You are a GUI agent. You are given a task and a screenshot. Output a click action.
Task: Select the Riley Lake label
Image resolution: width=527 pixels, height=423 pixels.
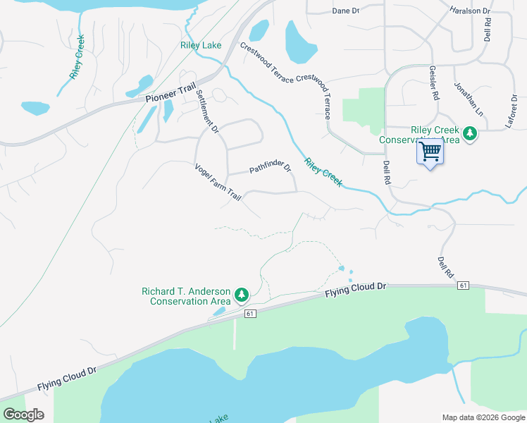(x=201, y=46)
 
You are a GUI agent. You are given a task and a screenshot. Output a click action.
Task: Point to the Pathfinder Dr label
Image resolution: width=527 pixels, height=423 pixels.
(x=270, y=168)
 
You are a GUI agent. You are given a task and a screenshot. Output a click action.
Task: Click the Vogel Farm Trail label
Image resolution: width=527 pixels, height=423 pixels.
(x=218, y=182)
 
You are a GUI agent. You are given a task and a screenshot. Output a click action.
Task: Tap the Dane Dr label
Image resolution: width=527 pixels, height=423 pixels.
(x=345, y=11)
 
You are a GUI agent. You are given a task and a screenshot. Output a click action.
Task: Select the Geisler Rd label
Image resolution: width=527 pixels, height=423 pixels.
(x=433, y=83)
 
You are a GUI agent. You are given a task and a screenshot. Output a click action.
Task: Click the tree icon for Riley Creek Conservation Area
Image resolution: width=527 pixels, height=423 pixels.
(x=470, y=133)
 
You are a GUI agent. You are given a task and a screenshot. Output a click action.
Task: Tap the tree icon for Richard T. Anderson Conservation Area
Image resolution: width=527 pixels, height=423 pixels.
(x=241, y=293)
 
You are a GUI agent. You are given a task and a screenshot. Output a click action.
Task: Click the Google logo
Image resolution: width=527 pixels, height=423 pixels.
(x=23, y=415)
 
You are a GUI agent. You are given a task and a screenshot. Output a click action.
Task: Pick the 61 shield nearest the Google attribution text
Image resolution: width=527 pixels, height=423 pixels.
(x=250, y=313)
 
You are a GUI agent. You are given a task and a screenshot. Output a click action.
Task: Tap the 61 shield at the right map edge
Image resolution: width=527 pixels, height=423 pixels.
(x=463, y=285)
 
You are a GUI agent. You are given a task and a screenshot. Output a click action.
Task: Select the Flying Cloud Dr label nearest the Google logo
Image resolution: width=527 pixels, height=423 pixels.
(x=67, y=379)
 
